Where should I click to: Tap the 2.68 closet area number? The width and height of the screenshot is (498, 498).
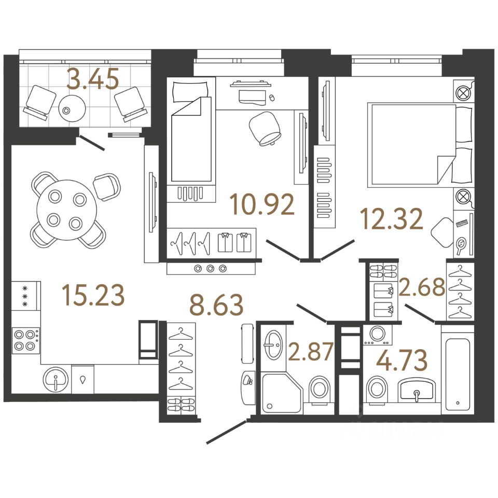click(422, 287)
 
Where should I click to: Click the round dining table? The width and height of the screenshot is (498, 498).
click(67, 210)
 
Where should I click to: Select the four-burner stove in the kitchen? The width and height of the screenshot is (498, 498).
click(25, 341)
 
